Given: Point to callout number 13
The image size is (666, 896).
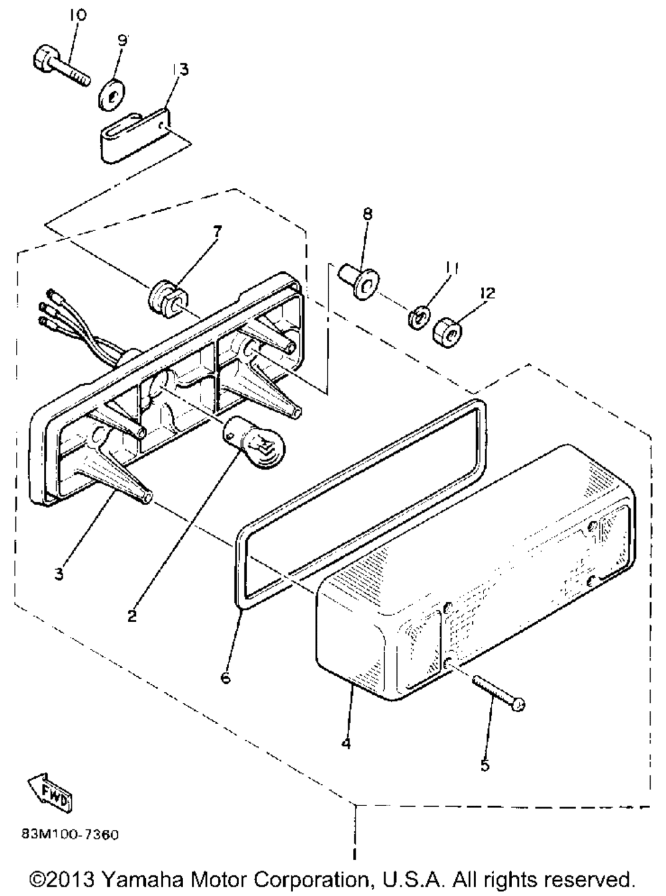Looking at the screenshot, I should point(180,69).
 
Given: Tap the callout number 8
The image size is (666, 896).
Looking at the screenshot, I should point(368,215).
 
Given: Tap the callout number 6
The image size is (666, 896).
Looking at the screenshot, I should point(225,678).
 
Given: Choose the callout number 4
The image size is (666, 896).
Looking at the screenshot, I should point(346,743).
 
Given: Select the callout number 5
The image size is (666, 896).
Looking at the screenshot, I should point(484,766).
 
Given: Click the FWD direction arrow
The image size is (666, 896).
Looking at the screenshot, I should point(49,796).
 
